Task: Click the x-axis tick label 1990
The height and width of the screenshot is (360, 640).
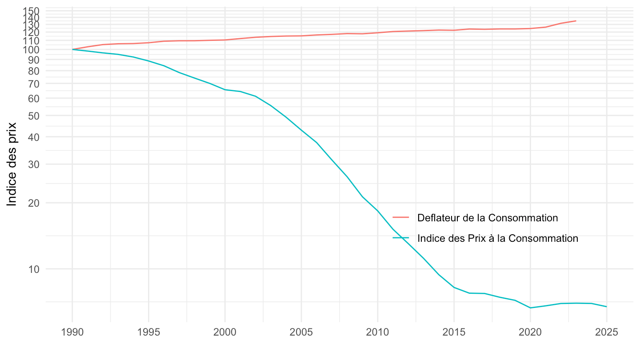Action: click(x=72, y=333)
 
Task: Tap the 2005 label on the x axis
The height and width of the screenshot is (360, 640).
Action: click(x=301, y=333)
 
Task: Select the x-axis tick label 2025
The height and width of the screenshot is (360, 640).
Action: click(x=607, y=333)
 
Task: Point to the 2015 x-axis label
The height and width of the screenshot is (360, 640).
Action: click(x=454, y=333)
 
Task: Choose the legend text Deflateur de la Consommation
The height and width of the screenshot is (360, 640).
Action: click(x=488, y=218)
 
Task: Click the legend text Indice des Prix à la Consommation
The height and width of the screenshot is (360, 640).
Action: click(x=498, y=238)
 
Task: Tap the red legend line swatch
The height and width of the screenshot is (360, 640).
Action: click(x=401, y=218)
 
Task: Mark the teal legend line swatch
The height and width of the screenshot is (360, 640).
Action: click(x=401, y=238)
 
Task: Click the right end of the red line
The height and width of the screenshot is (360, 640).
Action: click(x=576, y=21)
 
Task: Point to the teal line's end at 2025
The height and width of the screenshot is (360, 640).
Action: click(x=607, y=307)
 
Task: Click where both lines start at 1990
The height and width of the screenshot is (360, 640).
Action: click(x=72, y=49)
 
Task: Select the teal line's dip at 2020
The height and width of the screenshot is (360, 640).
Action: click(x=530, y=308)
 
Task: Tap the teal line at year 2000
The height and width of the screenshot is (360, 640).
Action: click(x=225, y=90)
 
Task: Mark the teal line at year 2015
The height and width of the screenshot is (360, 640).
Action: click(x=454, y=288)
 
